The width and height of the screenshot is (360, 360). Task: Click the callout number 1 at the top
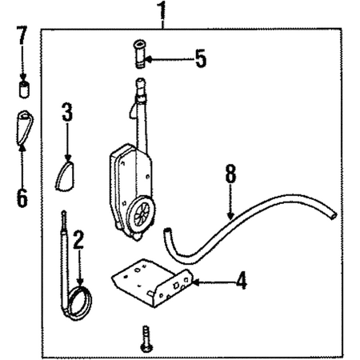pos(162,10)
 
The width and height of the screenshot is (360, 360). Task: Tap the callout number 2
pos(78,240)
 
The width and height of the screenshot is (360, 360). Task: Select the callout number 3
pos(67,112)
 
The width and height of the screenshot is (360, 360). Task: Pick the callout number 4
pos(241,280)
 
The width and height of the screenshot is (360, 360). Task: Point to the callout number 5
pos(201,58)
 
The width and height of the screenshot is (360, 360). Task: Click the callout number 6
pos(22,198)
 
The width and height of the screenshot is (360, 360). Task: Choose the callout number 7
pos(22,35)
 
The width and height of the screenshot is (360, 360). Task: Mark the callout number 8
pos(230,174)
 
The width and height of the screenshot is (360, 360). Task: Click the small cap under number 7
pos(24,89)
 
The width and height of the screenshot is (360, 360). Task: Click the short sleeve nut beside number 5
pos(138,54)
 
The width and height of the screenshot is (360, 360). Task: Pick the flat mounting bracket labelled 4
pos(153,282)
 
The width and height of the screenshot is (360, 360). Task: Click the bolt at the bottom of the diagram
pos(146,338)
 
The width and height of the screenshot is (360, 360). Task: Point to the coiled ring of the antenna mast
pos(80,303)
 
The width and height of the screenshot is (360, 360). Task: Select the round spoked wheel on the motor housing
pos(142,214)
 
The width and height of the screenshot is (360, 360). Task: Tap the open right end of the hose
pos(333,215)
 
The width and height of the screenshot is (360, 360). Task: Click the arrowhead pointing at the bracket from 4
pos(196,282)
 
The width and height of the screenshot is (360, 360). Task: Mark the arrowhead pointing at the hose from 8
pos(230,216)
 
